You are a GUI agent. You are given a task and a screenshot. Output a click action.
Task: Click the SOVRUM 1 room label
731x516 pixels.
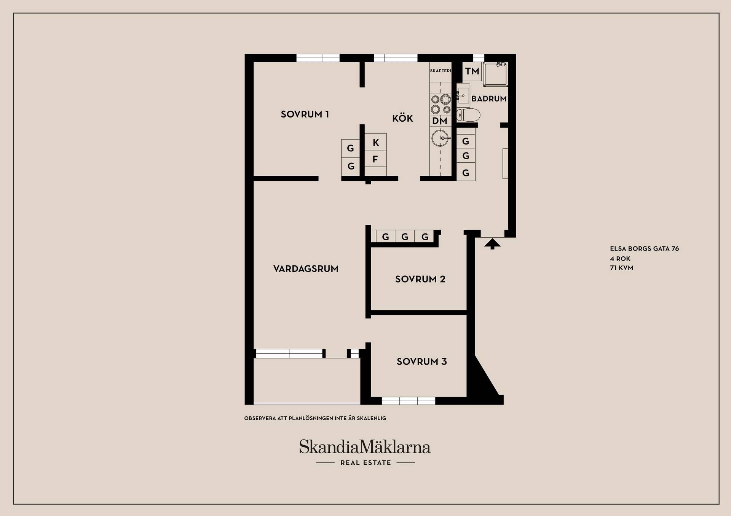click(x=305, y=114)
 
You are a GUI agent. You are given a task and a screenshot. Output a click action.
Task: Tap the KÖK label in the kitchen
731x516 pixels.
click(x=402, y=118)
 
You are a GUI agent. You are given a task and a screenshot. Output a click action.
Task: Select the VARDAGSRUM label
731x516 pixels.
click(x=306, y=269)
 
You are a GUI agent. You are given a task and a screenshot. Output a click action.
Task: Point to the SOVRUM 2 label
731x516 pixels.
click(x=420, y=279)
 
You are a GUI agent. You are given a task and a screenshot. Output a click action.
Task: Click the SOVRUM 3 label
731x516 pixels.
click(x=421, y=362)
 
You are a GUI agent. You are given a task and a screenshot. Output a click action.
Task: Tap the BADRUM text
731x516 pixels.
click(x=489, y=99)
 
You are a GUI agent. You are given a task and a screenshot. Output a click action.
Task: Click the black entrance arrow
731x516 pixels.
click(x=492, y=244)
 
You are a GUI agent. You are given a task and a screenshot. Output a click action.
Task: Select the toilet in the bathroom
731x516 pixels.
click(x=468, y=114)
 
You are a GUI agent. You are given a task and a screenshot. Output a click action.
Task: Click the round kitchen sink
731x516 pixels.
click(x=441, y=138)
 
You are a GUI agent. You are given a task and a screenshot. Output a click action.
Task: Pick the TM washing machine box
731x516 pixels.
click(x=472, y=71)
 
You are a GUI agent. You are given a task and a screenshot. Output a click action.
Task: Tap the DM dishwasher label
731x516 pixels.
click(x=440, y=121)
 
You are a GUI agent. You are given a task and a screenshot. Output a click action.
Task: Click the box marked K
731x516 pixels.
click(x=375, y=142)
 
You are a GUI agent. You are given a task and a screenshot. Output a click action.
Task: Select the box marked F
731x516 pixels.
click(x=375, y=159)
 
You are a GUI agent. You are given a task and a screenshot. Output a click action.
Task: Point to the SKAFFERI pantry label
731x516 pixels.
click(x=441, y=71)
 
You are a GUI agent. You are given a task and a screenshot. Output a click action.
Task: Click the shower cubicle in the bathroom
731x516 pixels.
click(x=495, y=74)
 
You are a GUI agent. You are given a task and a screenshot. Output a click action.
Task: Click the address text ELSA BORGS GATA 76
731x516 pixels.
click(x=644, y=249)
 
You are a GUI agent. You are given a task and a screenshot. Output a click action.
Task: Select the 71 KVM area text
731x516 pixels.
click(x=621, y=268)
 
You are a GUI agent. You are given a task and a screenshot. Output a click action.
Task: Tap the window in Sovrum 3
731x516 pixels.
click(x=409, y=400)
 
